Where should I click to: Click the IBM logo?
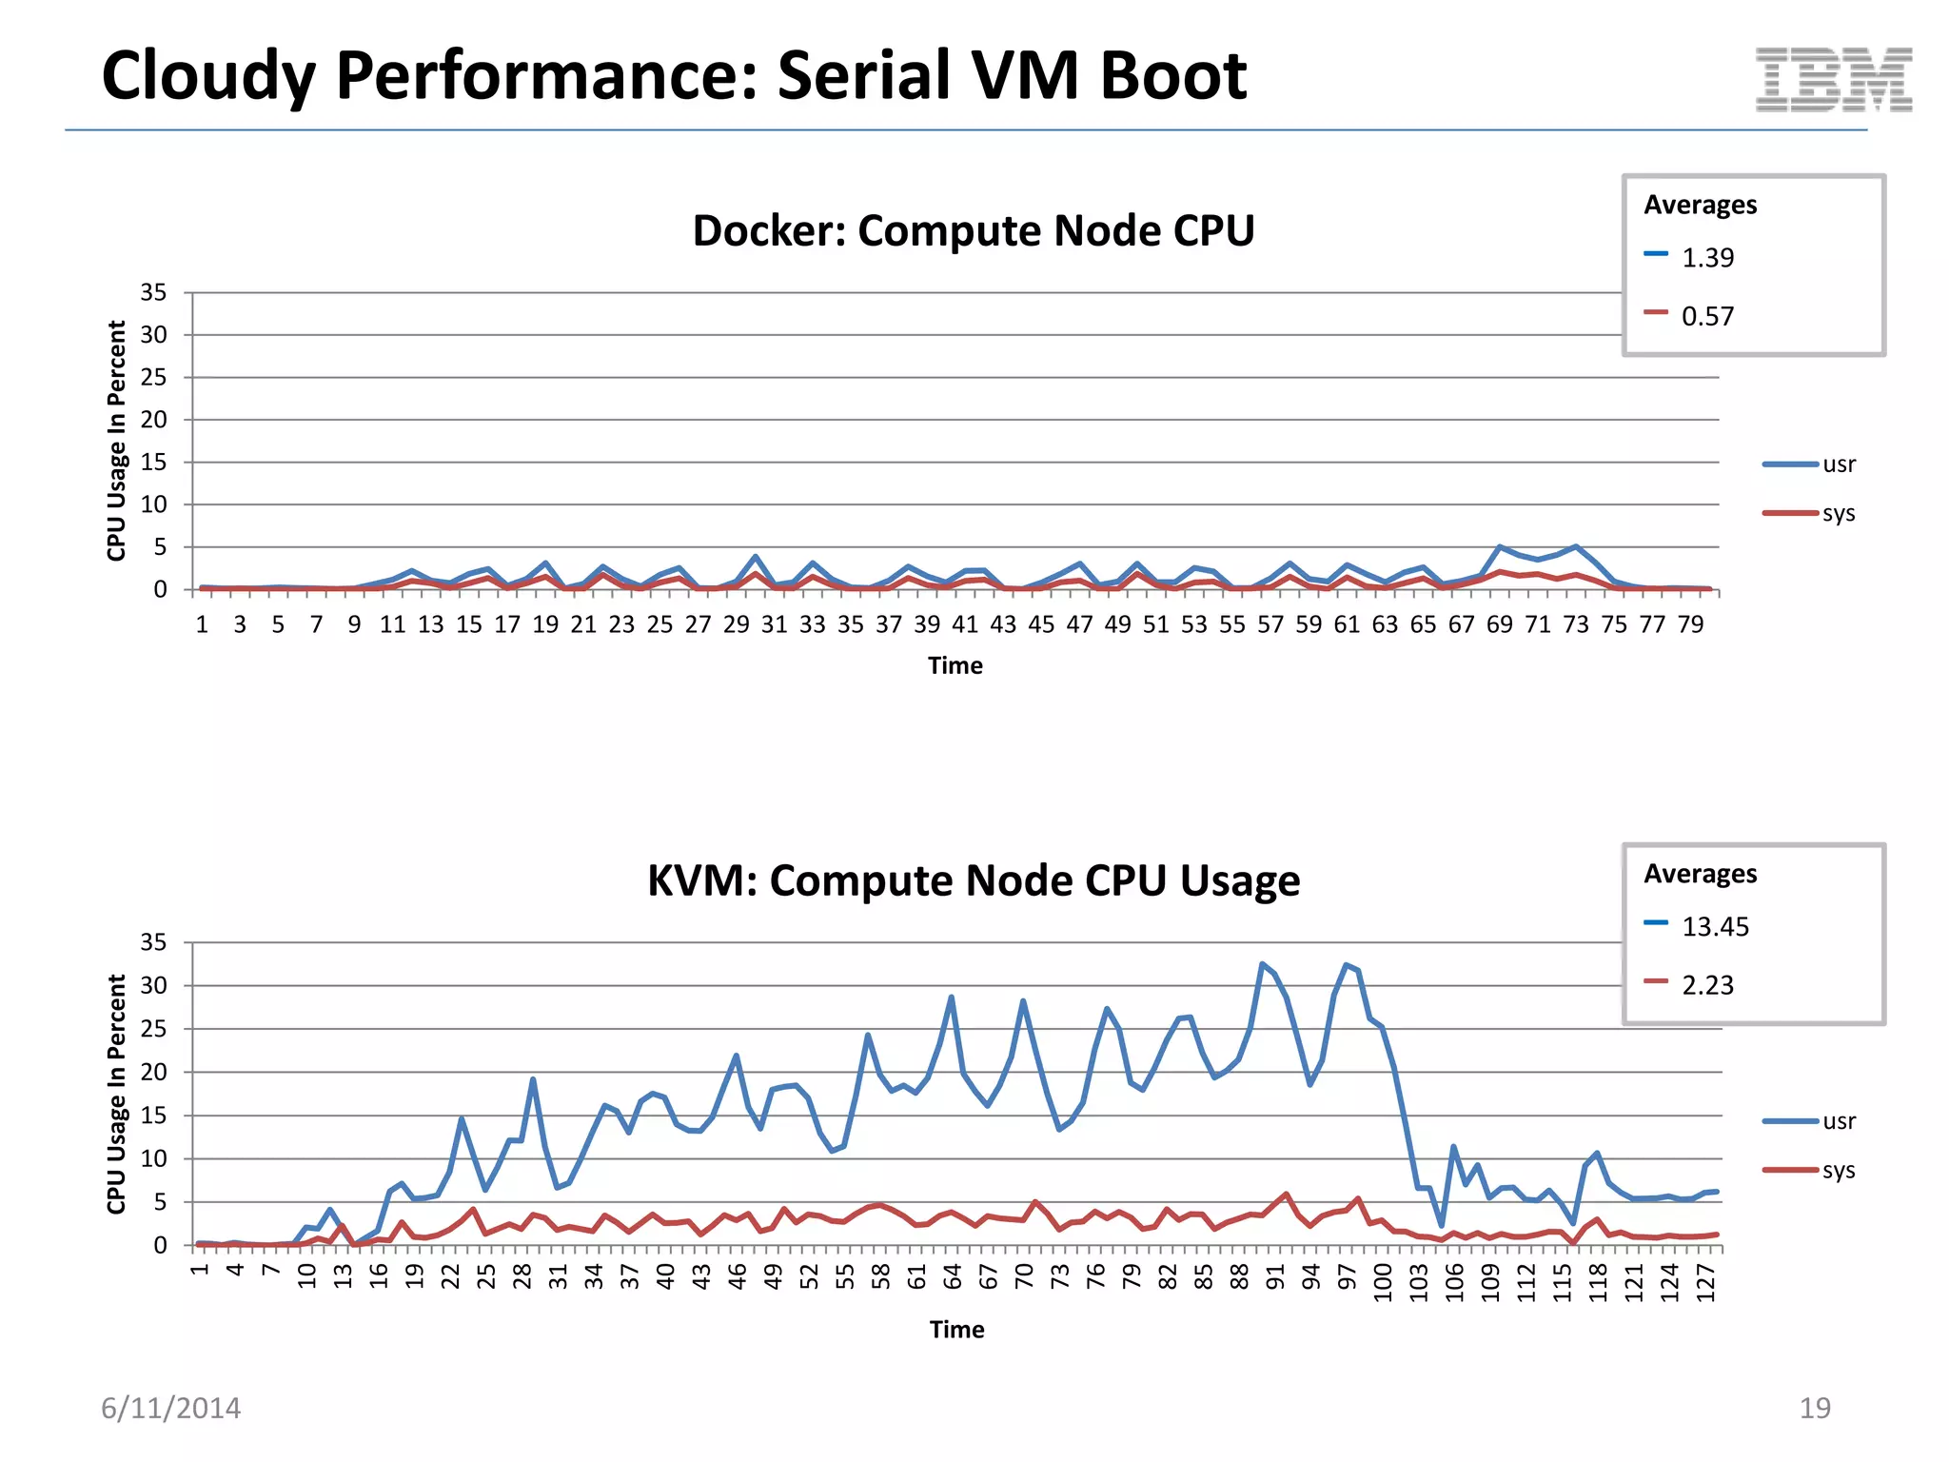click(x=1833, y=80)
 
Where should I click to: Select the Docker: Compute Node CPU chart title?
click(x=973, y=231)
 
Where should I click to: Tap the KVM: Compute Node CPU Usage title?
click(x=973, y=880)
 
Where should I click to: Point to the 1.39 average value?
click(x=1707, y=258)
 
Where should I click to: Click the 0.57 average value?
click(x=1707, y=316)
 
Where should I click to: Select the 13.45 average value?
click(x=1715, y=927)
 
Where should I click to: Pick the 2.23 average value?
click(x=1707, y=985)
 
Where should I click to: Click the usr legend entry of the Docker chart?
click(x=1838, y=464)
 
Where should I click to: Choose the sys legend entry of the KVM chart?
click(x=1838, y=1171)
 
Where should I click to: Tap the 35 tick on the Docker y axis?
click(x=153, y=292)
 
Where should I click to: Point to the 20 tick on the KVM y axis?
click(x=153, y=1072)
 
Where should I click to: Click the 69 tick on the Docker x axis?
click(x=1499, y=624)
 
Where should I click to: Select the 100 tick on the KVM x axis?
click(x=1383, y=1282)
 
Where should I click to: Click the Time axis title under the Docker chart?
click(x=955, y=665)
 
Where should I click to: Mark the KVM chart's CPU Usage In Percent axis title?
click(x=116, y=1094)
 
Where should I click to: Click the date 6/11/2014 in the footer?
click(x=171, y=1408)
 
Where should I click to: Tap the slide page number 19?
click(x=1814, y=1408)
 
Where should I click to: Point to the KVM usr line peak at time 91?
click(x=1263, y=964)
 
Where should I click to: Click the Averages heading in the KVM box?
click(x=1700, y=874)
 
